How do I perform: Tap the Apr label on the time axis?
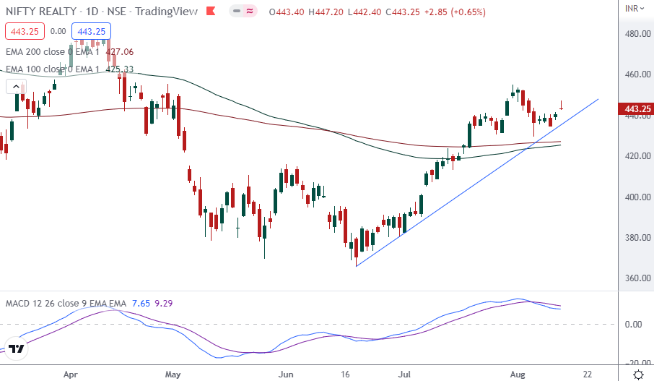70,374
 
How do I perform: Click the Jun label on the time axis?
287,374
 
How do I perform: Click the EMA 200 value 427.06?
119,52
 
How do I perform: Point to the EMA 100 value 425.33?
119,69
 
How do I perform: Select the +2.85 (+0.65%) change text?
453,12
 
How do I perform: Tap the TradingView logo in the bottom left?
17,349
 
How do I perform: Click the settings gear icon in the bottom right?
638,374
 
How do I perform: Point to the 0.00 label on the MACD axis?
633,324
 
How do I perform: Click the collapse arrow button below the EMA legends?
15,87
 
